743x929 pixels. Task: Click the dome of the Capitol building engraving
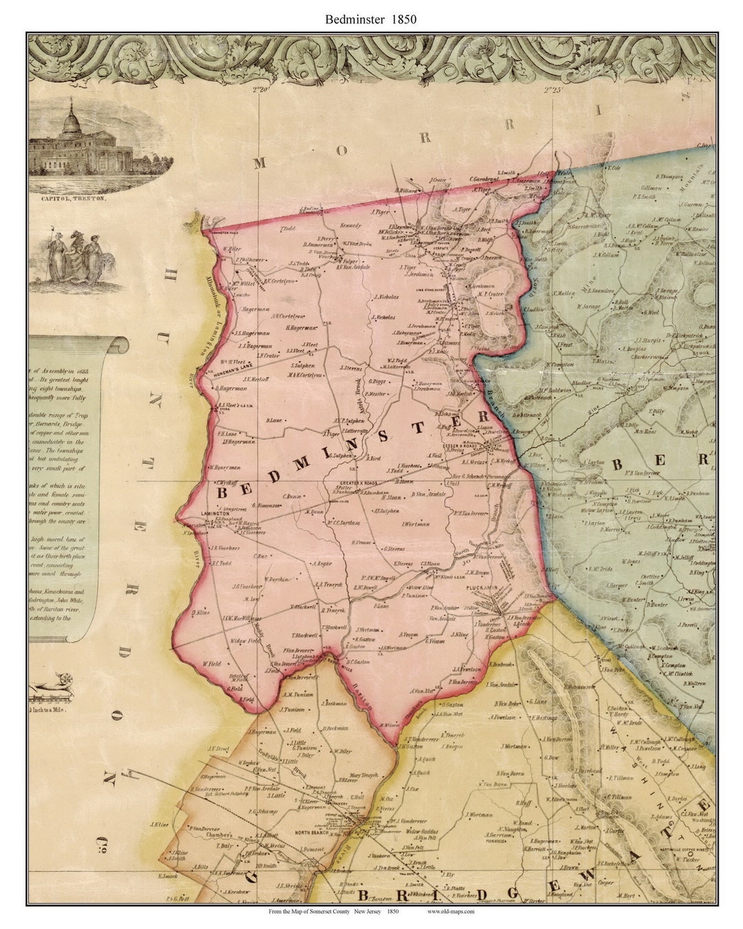[71, 121]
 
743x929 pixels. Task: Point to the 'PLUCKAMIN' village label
[482, 587]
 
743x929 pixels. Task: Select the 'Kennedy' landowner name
[350, 225]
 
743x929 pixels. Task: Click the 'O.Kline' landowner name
[200, 612]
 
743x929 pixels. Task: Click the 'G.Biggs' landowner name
[377, 381]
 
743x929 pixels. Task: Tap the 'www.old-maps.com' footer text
[450, 910]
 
